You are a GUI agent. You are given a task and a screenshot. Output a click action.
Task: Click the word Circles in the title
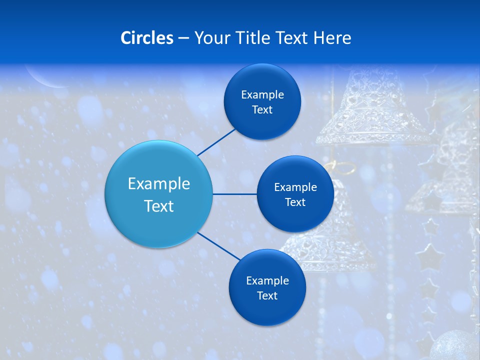click(x=146, y=38)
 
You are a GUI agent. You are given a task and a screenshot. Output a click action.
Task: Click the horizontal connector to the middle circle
click(x=234, y=194)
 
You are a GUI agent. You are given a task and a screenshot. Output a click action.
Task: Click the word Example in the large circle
click(x=158, y=184)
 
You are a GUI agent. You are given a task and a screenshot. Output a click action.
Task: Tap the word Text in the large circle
click(x=158, y=206)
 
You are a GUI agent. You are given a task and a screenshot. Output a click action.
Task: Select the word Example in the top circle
click(x=262, y=95)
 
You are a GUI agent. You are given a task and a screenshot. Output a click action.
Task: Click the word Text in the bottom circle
click(x=267, y=296)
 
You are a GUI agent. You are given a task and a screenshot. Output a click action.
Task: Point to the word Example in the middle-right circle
click(x=295, y=187)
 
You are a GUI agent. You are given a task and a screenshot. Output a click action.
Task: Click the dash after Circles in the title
click(x=183, y=38)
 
